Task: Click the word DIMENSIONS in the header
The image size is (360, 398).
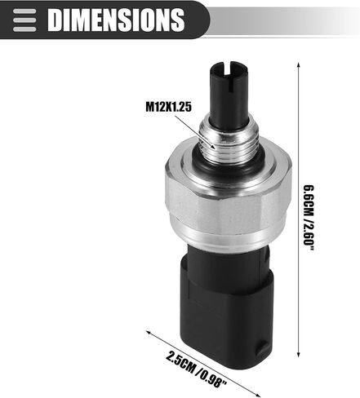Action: (116, 20)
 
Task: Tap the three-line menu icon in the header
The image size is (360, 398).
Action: (24, 20)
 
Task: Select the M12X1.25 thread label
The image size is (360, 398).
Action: (169, 106)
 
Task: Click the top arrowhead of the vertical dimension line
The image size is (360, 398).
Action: (299, 66)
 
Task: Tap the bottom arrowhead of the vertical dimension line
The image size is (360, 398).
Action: (299, 353)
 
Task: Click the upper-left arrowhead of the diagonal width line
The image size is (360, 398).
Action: (149, 332)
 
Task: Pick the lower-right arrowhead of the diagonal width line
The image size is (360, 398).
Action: (257, 395)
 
